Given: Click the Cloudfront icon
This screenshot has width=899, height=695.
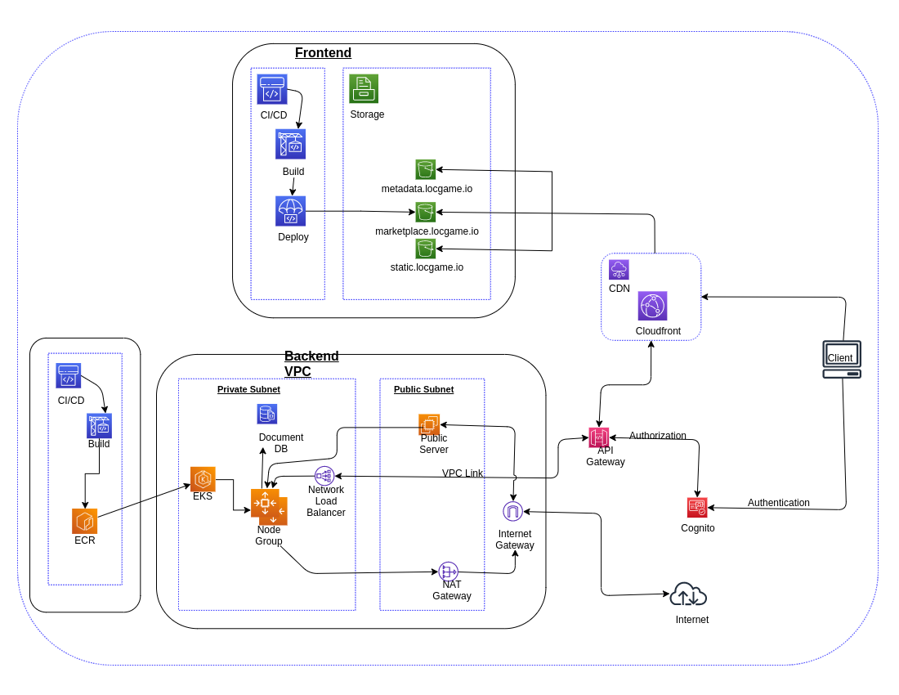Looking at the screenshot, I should [x=652, y=306].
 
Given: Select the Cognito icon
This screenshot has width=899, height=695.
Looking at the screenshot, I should [x=696, y=508].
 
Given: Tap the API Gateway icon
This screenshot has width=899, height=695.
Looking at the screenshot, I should [x=598, y=437].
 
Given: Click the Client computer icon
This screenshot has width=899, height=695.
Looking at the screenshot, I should [x=841, y=359].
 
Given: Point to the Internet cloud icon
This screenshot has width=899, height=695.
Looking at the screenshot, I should [x=687, y=594].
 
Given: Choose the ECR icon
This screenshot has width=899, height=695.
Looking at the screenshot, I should [x=84, y=521].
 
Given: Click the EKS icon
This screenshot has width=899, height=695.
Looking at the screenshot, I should [x=203, y=479].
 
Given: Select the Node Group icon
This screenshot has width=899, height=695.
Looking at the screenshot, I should [x=269, y=506].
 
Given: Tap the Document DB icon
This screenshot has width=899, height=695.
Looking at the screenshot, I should [x=266, y=414].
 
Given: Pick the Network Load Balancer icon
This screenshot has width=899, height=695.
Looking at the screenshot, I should [x=324, y=476].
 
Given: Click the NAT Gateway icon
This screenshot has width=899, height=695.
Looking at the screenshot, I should [x=448, y=572].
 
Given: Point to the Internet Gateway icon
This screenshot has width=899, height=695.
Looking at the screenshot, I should [x=512, y=512].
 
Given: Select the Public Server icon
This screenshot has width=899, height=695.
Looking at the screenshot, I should [x=429, y=424].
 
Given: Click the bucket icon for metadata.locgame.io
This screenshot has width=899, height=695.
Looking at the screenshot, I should [x=425, y=169].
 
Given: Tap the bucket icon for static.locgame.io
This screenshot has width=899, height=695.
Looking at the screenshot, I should [x=425, y=249].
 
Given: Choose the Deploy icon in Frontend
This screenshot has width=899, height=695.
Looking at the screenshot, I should [x=290, y=211].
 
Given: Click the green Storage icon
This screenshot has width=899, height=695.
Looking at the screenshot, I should [x=364, y=88].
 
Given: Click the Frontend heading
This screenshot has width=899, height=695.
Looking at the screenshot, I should [x=323, y=53].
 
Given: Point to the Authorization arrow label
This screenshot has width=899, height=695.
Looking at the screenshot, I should [x=657, y=436].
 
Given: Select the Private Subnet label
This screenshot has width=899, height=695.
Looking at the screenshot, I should [x=248, y=389].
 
